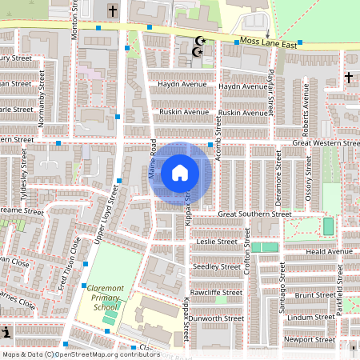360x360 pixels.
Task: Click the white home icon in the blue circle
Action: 180,172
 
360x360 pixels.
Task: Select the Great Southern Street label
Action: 254,214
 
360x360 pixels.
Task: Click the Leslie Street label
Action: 217,241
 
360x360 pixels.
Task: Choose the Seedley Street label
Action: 218,266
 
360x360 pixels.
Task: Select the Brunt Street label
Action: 314,295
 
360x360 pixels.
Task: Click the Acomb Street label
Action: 217,123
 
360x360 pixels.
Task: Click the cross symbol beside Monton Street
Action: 112,11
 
